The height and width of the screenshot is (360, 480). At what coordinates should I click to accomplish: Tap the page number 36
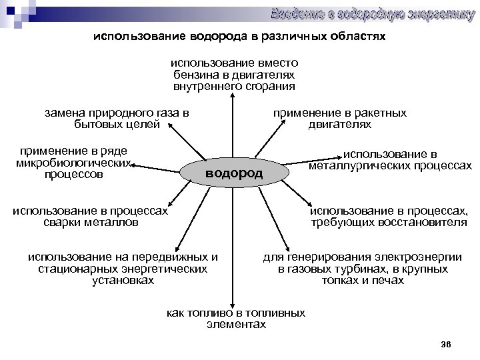447,344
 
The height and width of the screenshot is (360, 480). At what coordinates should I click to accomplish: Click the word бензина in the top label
194,75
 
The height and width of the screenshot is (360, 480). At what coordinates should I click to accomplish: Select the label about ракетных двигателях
339,119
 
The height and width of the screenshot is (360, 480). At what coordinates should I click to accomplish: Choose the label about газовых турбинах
363,269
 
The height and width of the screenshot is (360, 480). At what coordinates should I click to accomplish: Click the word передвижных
165,257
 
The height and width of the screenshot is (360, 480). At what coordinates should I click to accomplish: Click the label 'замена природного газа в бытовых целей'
117,118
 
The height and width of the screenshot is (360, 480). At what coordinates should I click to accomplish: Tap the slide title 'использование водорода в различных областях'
239,37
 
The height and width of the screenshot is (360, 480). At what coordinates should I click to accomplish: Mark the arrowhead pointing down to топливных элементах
233,303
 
